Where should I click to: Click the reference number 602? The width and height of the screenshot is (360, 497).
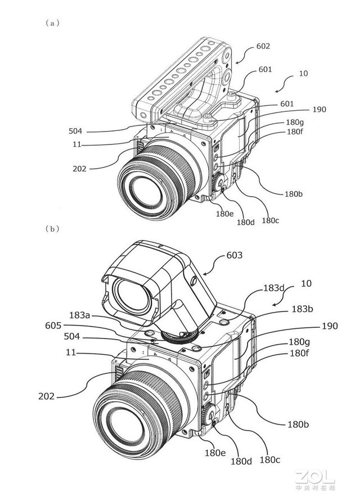(263, 46)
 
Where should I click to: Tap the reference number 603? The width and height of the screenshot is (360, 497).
(235, 255)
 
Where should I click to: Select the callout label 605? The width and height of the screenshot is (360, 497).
(53, 326)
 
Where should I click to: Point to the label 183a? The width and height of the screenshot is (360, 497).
(80, 315)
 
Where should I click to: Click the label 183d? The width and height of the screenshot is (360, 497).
(274, 288)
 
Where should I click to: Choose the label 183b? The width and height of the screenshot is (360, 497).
(302, 309)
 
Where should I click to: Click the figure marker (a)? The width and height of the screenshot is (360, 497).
(52, 23)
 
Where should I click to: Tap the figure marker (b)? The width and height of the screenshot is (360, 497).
(52, 228)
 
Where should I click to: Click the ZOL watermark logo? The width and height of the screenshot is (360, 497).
(314, 478)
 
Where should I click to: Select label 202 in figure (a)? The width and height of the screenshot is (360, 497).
(79, 169)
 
